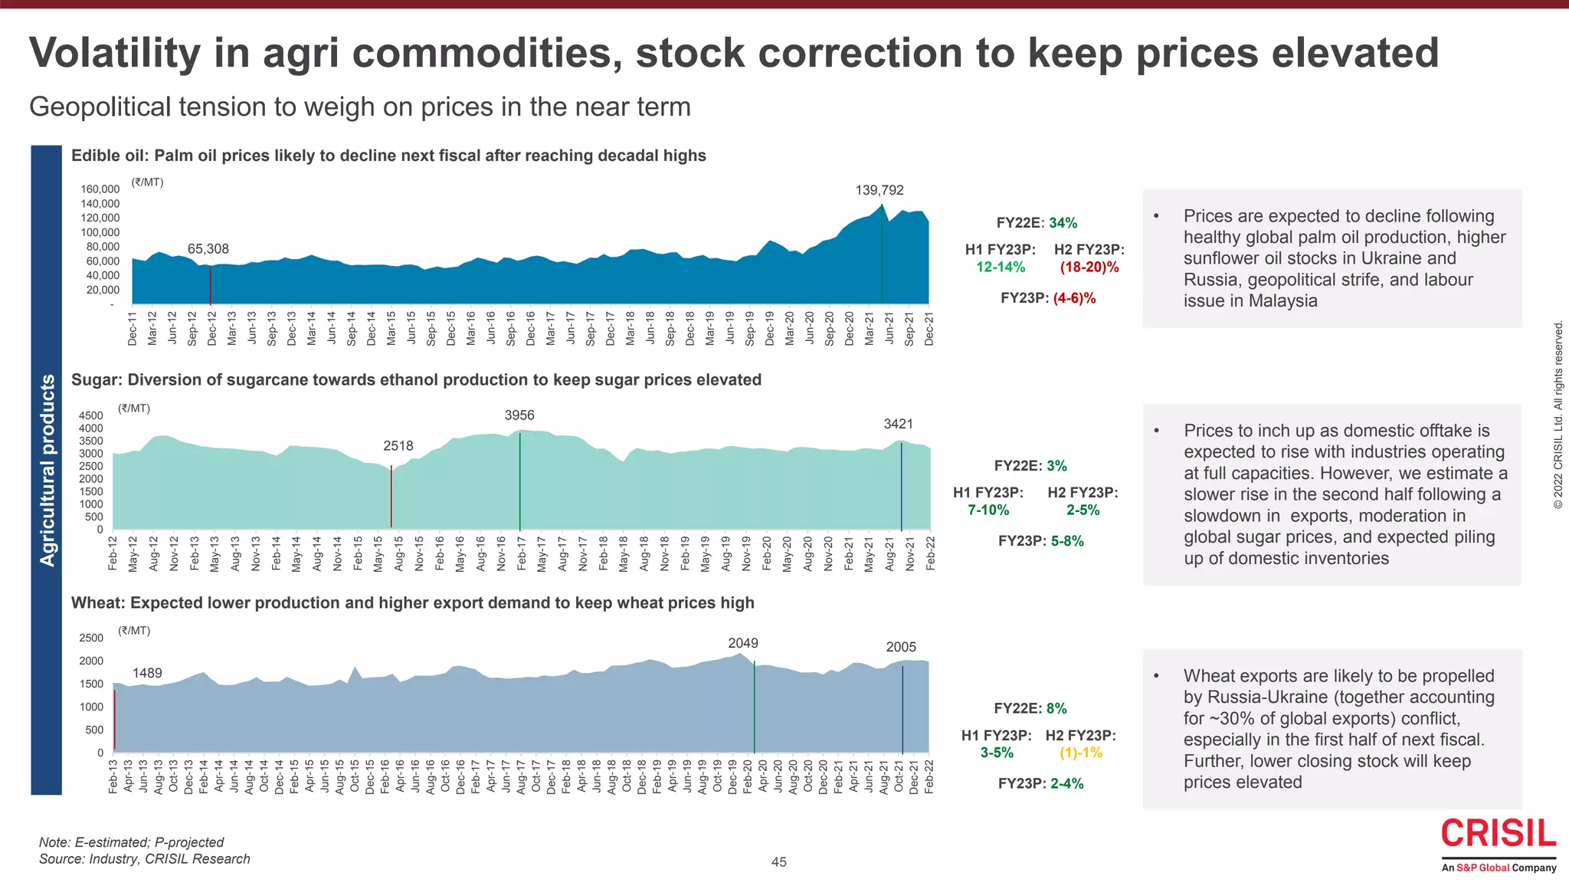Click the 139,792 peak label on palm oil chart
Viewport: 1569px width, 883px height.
click(879, 190)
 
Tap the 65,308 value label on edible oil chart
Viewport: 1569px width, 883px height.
click(208, 249)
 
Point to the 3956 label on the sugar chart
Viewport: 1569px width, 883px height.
click(519, 415)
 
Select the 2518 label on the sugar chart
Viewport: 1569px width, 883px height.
click(398, 446)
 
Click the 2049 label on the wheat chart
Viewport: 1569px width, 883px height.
click(742, 643)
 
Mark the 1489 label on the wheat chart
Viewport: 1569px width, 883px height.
click(147, 673)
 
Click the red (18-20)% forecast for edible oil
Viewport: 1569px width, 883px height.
click(1089, 268)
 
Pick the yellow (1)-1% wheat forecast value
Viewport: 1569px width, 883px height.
click(1080, 753)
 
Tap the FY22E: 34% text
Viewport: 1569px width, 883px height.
click(1036, 223)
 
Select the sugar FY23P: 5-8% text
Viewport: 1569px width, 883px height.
click(1040, 541)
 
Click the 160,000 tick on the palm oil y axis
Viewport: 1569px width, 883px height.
click(100, 189)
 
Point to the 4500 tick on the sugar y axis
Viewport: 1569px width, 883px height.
click(90, 415)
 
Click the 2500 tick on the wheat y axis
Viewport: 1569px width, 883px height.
click(91, 638)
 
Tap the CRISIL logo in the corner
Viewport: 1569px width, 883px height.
click(1498, 834)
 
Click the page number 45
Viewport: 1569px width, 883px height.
click(778, 862)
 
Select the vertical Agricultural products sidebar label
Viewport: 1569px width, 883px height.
click(47, 471)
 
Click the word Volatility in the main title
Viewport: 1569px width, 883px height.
click(114, 53)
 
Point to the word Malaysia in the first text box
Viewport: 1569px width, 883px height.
click(1282, 301)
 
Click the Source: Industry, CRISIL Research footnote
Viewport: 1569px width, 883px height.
click(144, 859)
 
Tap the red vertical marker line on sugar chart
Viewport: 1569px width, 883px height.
click(391, 497)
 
